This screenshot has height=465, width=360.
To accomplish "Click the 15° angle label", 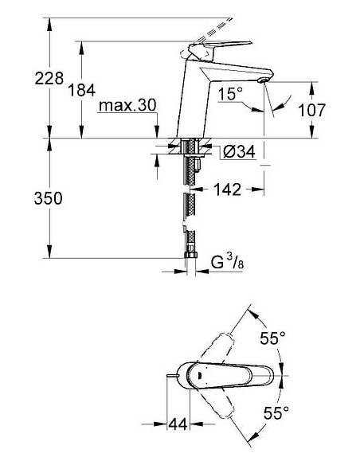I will click(229, 95).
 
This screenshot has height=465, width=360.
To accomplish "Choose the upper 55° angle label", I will click(272, 338).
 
